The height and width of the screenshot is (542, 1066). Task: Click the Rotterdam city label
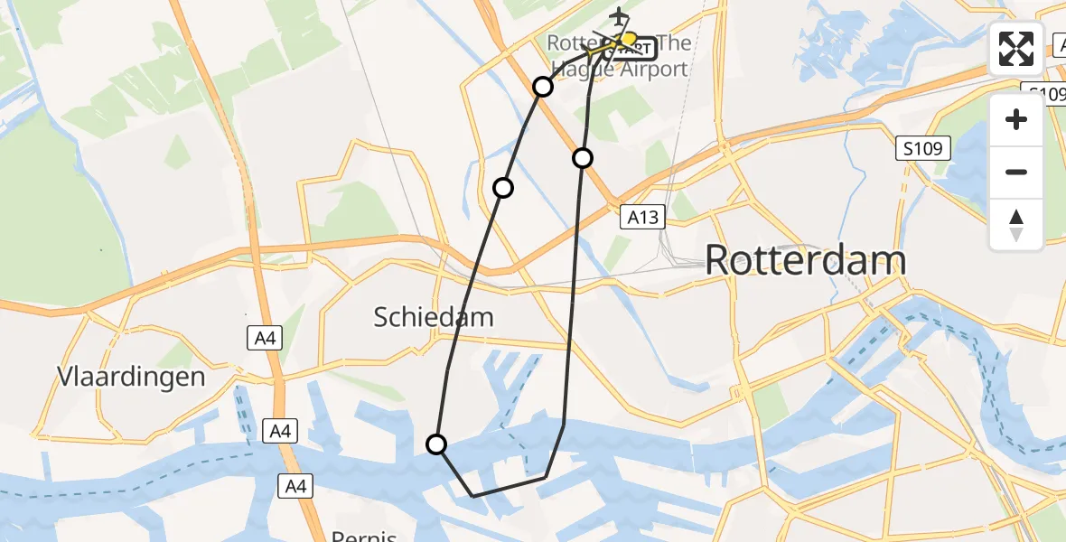pos(805,260)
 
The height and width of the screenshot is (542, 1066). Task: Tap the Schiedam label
pos(435,317)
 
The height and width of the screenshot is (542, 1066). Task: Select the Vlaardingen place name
pos(130,377)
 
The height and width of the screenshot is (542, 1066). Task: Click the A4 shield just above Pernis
pos(295,486)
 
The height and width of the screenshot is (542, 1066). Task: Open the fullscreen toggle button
pos(1016,49)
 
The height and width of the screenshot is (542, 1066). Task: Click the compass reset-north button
pos(1016,224)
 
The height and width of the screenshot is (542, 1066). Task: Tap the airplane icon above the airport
pos(619,16)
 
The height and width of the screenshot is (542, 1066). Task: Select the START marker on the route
pos(637,46)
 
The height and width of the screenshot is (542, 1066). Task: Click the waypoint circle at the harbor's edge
pos(436,444)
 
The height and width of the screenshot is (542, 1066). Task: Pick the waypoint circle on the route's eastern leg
pos(583,158)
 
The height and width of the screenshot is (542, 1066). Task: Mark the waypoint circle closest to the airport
pos(543,86)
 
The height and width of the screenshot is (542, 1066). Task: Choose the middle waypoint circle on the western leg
pos(503,187)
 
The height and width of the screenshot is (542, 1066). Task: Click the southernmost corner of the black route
pos(473,496)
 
